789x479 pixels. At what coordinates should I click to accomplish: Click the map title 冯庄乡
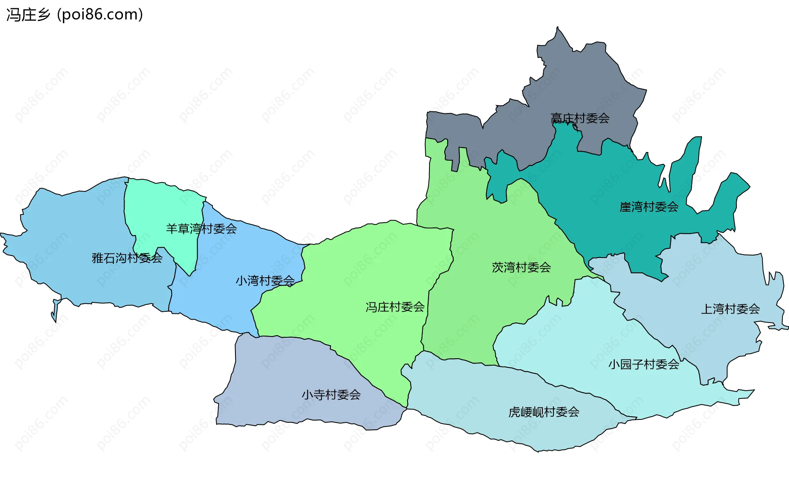28,15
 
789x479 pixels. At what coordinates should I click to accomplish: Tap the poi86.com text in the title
100,15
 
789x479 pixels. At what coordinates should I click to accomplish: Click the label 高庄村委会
580,118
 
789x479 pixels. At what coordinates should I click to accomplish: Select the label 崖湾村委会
649,207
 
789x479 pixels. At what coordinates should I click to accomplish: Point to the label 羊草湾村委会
201,228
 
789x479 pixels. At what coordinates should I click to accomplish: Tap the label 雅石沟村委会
127,258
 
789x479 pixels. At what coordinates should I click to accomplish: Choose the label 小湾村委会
265,281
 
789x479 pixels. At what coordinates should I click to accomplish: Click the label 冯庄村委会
395,307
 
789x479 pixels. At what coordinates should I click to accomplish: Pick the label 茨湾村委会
521,267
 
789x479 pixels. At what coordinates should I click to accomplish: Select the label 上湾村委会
730,309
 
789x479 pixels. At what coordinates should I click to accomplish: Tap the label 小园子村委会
644,364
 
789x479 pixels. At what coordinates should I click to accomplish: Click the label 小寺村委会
331,395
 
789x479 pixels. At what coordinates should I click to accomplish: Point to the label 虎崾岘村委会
544,412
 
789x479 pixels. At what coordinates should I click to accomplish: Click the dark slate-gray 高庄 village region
588,82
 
